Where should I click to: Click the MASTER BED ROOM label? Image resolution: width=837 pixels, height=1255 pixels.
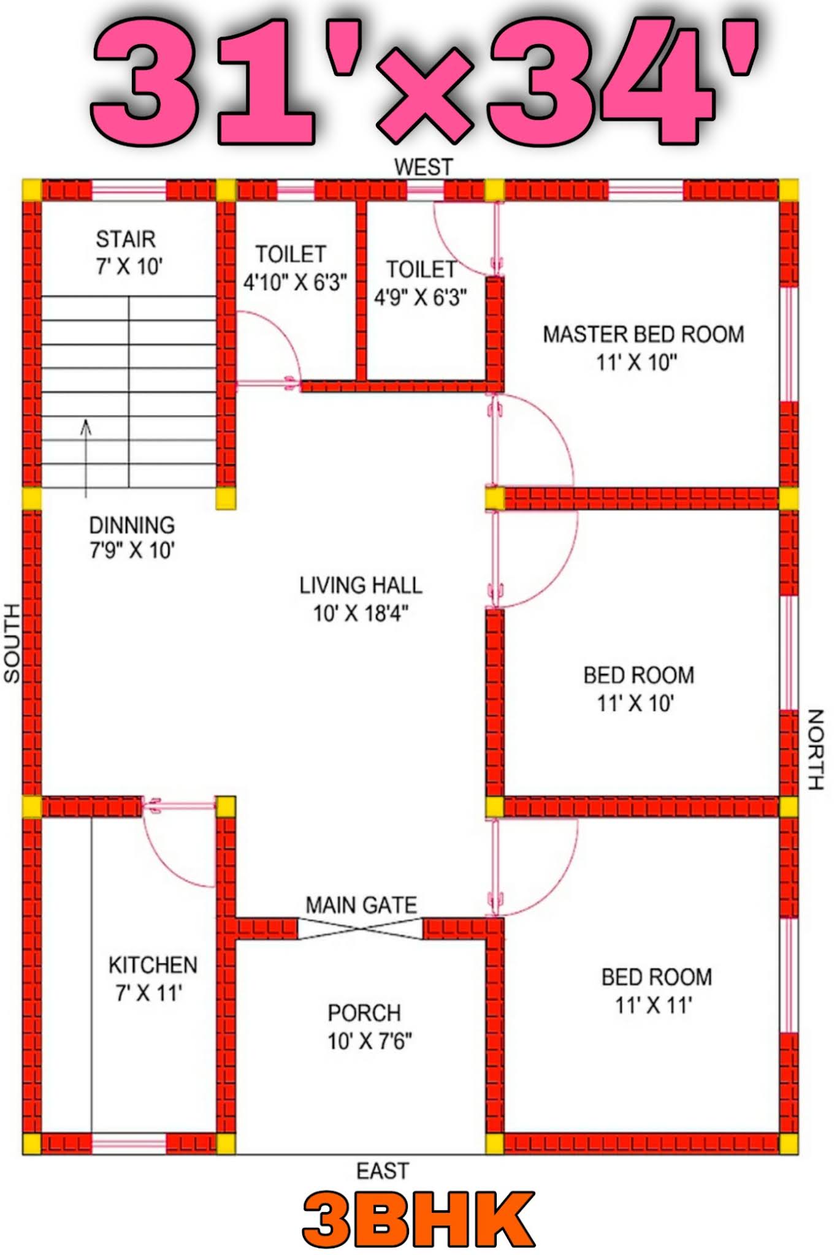pyautogui.click(x=643, y=335)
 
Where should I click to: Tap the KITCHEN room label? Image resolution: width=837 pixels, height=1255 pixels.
pyautogui.click(x=153, y=965)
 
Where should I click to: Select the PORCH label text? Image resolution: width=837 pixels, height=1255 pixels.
pyautogui.click(x=364, y=1013)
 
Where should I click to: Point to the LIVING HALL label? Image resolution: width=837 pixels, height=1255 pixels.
pyautogui.click(x=361, y=585)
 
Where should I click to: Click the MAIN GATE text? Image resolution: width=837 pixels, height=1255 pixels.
pyautogui.click(x=361, y=905)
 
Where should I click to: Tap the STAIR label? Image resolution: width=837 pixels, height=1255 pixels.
pyautogui.click(x=126, y=239)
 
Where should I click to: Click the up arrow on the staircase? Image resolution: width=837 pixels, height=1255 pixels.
pyautogui.click(x=86, y=458)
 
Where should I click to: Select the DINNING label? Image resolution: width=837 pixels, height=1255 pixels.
pyautogui.click(x=132, y=525)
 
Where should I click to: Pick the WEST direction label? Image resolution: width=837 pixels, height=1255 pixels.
pyautogui.click(x=423, y=167)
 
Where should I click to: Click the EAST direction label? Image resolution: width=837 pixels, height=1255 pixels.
pyautogui.click(x=383, y=1171)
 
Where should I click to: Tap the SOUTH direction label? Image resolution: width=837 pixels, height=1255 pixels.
pyautogui.click(x=12, y=643)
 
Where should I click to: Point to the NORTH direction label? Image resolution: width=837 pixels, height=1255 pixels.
pyautogui.click(x=815, y=749)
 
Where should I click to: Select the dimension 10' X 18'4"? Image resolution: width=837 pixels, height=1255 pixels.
pyautogui.click(x=361, y=613)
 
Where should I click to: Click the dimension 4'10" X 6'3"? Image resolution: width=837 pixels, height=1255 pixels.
pyautogui.click(x=295, y=282)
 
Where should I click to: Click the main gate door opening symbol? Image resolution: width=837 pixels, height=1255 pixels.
pyautogui.click(x=361, y=928)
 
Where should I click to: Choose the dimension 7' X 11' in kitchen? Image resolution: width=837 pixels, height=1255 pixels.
pyautogui.click(x=150, y=993)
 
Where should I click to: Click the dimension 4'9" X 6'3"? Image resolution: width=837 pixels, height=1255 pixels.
pyautogui.click(x=421, y=297)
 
